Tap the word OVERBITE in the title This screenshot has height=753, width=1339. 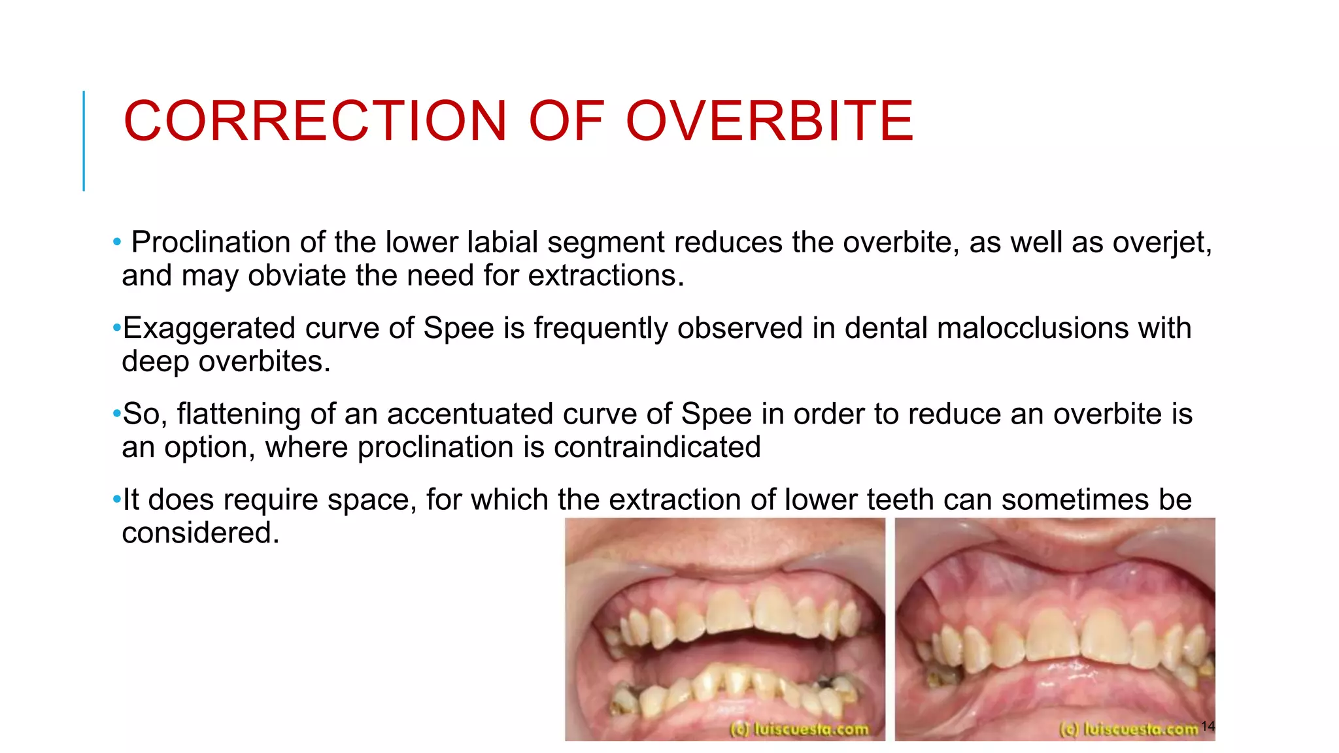770,121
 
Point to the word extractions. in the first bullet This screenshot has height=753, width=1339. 605,276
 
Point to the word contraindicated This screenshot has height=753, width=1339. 656,448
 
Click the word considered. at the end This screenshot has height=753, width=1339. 200,533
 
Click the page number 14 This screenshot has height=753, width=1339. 1208,726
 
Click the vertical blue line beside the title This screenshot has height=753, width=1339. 84,141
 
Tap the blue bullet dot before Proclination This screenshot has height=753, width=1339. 116,243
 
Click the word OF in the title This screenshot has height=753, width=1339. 566,121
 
